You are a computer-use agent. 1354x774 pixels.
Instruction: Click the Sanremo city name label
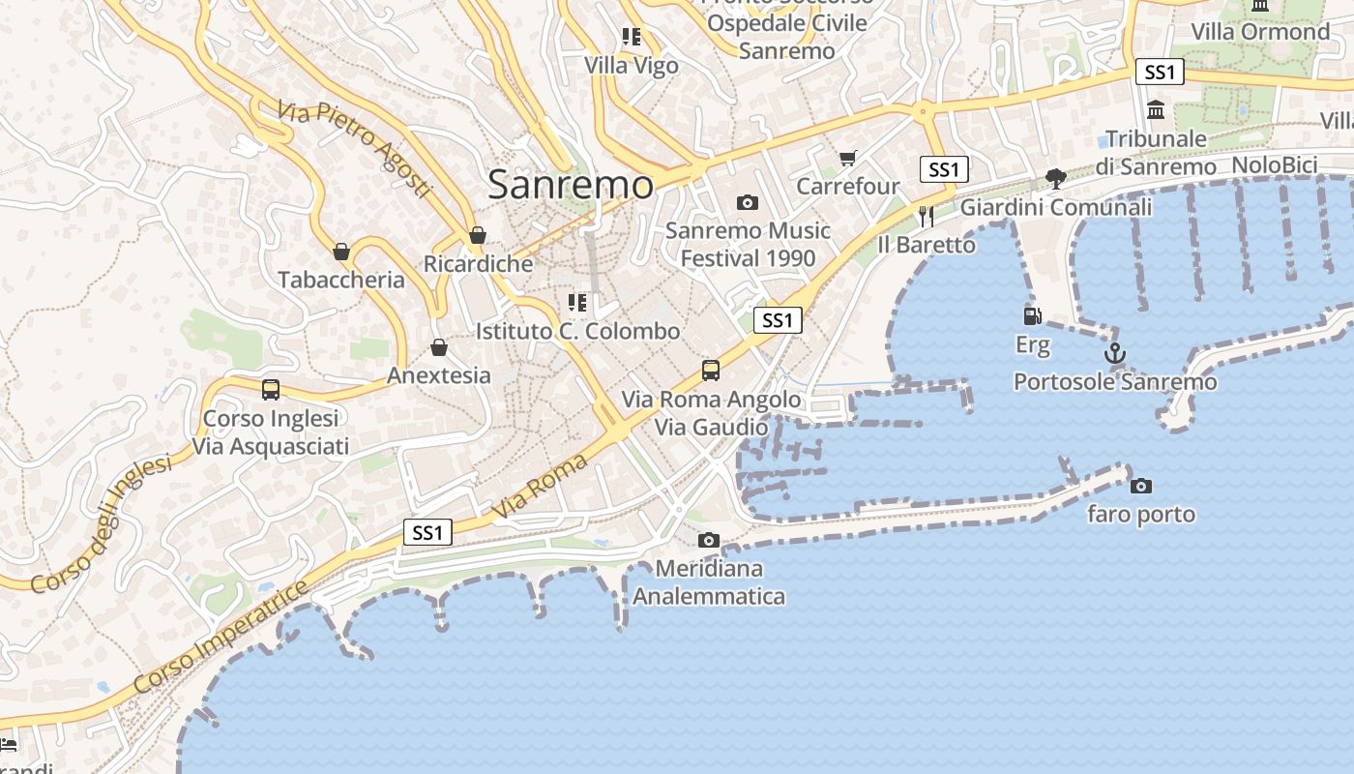[x=571, y=185]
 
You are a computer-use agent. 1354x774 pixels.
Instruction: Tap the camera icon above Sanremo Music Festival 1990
[x=747, y=202]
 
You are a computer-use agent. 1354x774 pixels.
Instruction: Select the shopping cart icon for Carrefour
[x=848, y=158]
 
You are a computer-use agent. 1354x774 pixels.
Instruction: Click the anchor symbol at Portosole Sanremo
[x=1115, y=353]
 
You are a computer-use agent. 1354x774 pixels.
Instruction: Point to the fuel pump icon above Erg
[x=1032, y=315]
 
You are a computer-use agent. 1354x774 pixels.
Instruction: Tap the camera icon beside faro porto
[x=1141, y=486]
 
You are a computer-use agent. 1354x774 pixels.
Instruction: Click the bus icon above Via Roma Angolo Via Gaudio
[x=711, y=370]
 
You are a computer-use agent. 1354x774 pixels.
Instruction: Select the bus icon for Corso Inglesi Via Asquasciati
[x=271, y=390]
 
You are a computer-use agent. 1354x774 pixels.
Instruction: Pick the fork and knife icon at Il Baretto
[x=927, y=215]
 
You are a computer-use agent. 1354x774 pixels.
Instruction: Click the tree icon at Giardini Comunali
[x=1055, y=178]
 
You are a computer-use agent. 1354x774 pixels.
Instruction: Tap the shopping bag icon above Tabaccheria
[x=341, y=252]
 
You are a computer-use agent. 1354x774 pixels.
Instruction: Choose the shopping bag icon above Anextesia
[x=439, y=347]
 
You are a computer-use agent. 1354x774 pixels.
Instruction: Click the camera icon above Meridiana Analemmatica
[x=709, y=540]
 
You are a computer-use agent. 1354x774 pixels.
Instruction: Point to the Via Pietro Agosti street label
[x=354, y=149]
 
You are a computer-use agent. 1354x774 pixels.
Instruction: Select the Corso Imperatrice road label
[x=221, y=637]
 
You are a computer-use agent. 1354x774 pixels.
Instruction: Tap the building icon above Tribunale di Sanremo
[x=1156, y=109]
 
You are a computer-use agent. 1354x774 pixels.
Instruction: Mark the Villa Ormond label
[x=1260, y=32]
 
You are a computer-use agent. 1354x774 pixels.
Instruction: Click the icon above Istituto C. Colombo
[x=577, y=303]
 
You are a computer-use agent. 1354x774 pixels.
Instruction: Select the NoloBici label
[x=1275, y=165]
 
